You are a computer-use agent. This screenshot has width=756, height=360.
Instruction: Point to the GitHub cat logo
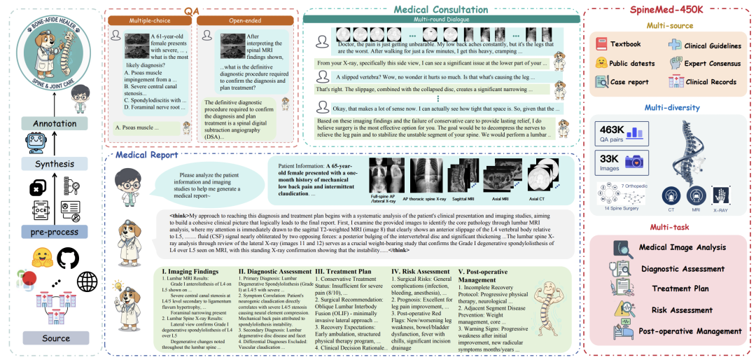[x=68, y=258]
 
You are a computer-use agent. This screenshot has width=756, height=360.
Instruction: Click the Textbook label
[x=625, y=44]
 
